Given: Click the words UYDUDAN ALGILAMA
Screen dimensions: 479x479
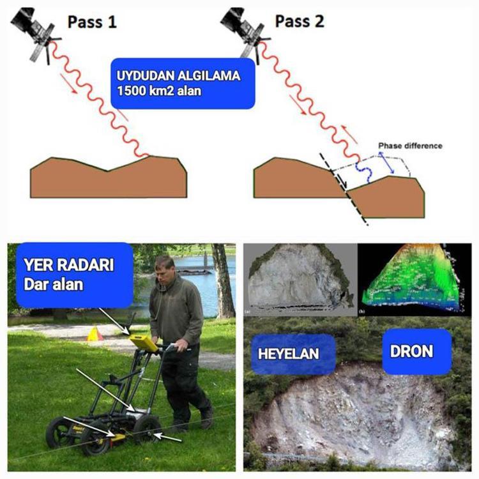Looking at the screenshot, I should click(x=178, y=76).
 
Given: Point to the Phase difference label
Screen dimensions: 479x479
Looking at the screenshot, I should click(x=409, y=146).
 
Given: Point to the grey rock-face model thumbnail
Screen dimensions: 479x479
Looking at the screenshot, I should click(x=298, y=280).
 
